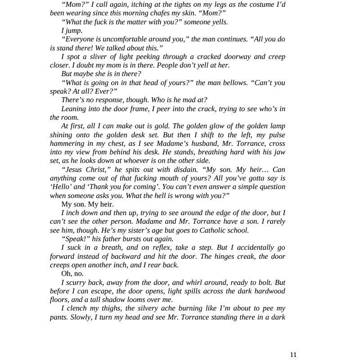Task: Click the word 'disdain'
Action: pos(184,170)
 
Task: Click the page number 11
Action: pos(293,355)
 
